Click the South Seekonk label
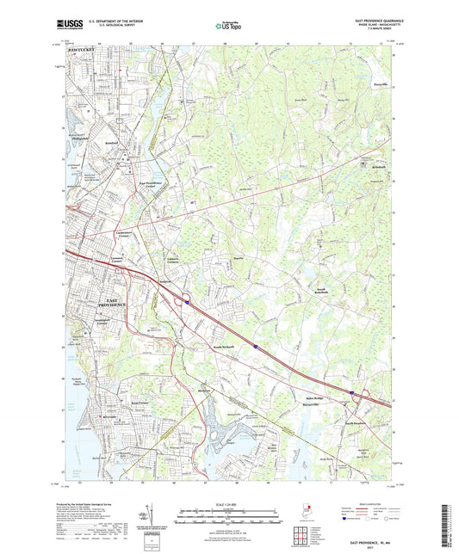coord(224,347)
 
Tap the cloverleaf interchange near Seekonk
coord(185,301)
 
